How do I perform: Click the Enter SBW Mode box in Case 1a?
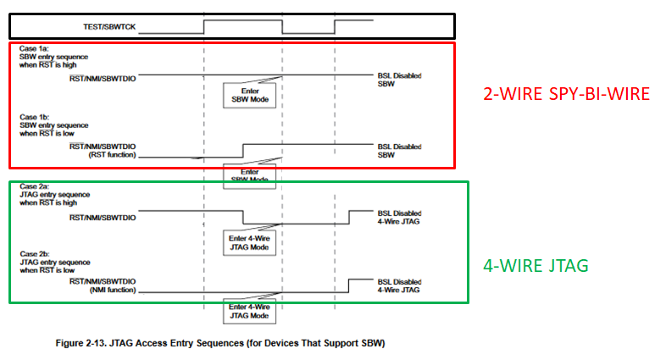(x=249, y=93)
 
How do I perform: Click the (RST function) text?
(x=111, y=156)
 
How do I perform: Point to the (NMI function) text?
(x=111, y=291)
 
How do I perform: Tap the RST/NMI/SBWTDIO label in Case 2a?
(x=103, y=217)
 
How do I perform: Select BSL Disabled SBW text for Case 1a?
(x=399, y=80)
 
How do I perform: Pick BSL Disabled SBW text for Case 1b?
(x=399, y=150)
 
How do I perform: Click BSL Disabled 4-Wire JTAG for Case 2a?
(x=399, y=216)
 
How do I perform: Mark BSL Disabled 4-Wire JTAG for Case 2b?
(x=399, y=285)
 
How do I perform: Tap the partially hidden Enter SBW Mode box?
(x=249, y=174)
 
